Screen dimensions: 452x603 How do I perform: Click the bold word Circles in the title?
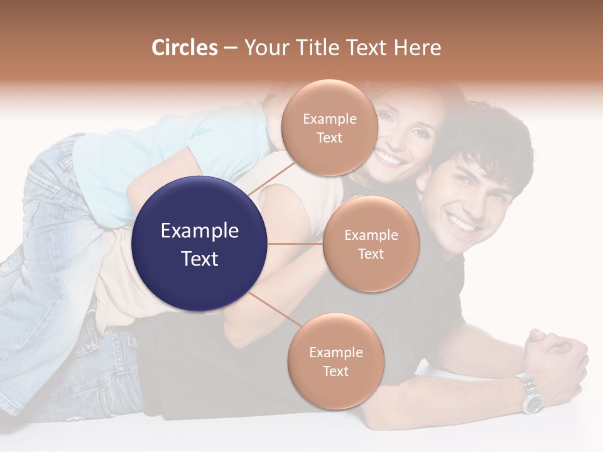click(x=184, y=48)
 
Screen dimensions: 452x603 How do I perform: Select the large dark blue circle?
click(x=200, y=244)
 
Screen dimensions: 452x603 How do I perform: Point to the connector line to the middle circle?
click(x=295, y=244)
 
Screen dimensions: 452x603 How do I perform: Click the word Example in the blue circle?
click(x=200, y=231)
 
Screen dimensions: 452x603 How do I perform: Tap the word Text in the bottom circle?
click(x=335, y=371)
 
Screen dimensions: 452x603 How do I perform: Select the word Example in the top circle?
click(x=330, y=119)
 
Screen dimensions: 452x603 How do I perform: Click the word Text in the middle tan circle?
click(x=371, y=254)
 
